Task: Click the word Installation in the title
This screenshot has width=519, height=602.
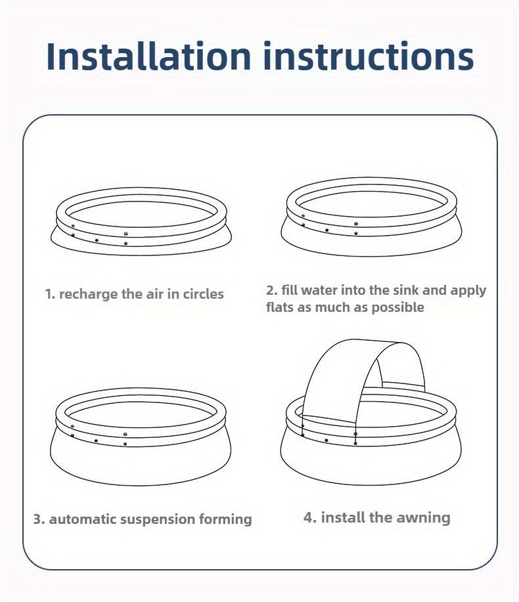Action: point(148,56)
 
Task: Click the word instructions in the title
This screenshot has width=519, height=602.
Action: point(369,56)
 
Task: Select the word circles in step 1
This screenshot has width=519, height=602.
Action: point(203,294)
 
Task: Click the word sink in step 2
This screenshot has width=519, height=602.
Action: point(405,290)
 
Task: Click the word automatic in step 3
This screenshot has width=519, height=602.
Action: point(82,519)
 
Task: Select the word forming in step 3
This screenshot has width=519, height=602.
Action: point(225,519)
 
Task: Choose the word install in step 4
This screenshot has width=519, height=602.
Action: point(343,517)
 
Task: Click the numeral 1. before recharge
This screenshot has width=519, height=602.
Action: point(50,294)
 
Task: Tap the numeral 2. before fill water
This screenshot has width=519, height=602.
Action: point(271,290)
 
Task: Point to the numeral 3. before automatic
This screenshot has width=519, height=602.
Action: point(39,519)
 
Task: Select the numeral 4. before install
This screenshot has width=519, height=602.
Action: point(310,517)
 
